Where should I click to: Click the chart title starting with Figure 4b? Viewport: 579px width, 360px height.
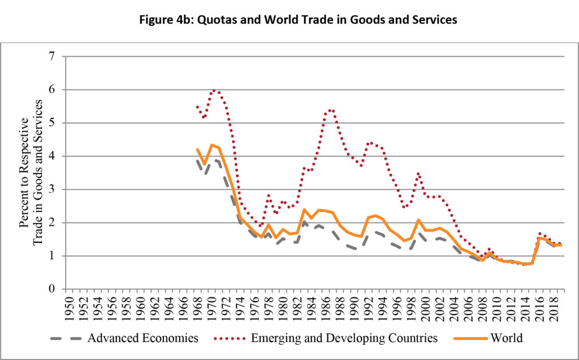289,20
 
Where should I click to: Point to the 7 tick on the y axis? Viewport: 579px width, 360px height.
53,57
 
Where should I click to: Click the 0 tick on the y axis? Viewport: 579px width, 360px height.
53,289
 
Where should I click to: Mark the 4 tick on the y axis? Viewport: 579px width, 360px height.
53,156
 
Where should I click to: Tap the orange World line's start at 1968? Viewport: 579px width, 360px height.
197,149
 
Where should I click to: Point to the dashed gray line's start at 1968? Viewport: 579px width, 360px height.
197,161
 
